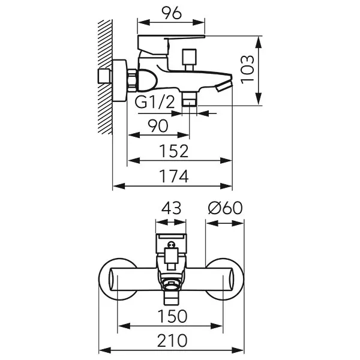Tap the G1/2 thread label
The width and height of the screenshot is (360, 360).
tap(154, 103)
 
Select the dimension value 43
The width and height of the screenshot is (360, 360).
tap(172, 209)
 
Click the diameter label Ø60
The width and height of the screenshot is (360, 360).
tap(225, 209)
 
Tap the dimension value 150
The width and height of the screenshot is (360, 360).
tap(173, 316)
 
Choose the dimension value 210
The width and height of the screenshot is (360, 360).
tap(173, 340)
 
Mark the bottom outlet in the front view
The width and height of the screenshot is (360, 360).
tap(172, 295)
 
